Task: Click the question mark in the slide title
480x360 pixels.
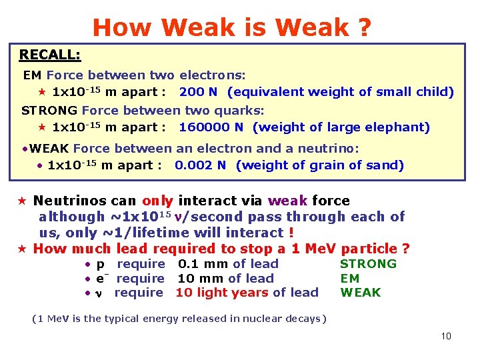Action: [x=364, y=27]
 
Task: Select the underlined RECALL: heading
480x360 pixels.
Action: [x=50, y=54]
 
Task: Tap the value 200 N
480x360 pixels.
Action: [x=201, y=92]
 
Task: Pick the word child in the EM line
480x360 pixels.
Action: [x=436, y=92]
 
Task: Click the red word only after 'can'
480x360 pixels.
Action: [x=157, y=201]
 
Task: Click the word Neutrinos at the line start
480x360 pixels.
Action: [x=68, y=201]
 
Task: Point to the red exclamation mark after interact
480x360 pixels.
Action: [x=291, y=233]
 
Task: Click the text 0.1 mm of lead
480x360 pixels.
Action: [x=228, y=263]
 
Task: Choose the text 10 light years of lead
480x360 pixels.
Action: [x=247, y=292]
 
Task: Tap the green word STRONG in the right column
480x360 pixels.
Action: [x=368, y=263]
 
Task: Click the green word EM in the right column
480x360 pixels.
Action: [x=350, y=278]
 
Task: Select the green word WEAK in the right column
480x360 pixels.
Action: [x=361, y=292]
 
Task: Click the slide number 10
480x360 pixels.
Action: [x=446, y=335]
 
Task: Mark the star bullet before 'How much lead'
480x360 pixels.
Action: [x=23, y=249]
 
